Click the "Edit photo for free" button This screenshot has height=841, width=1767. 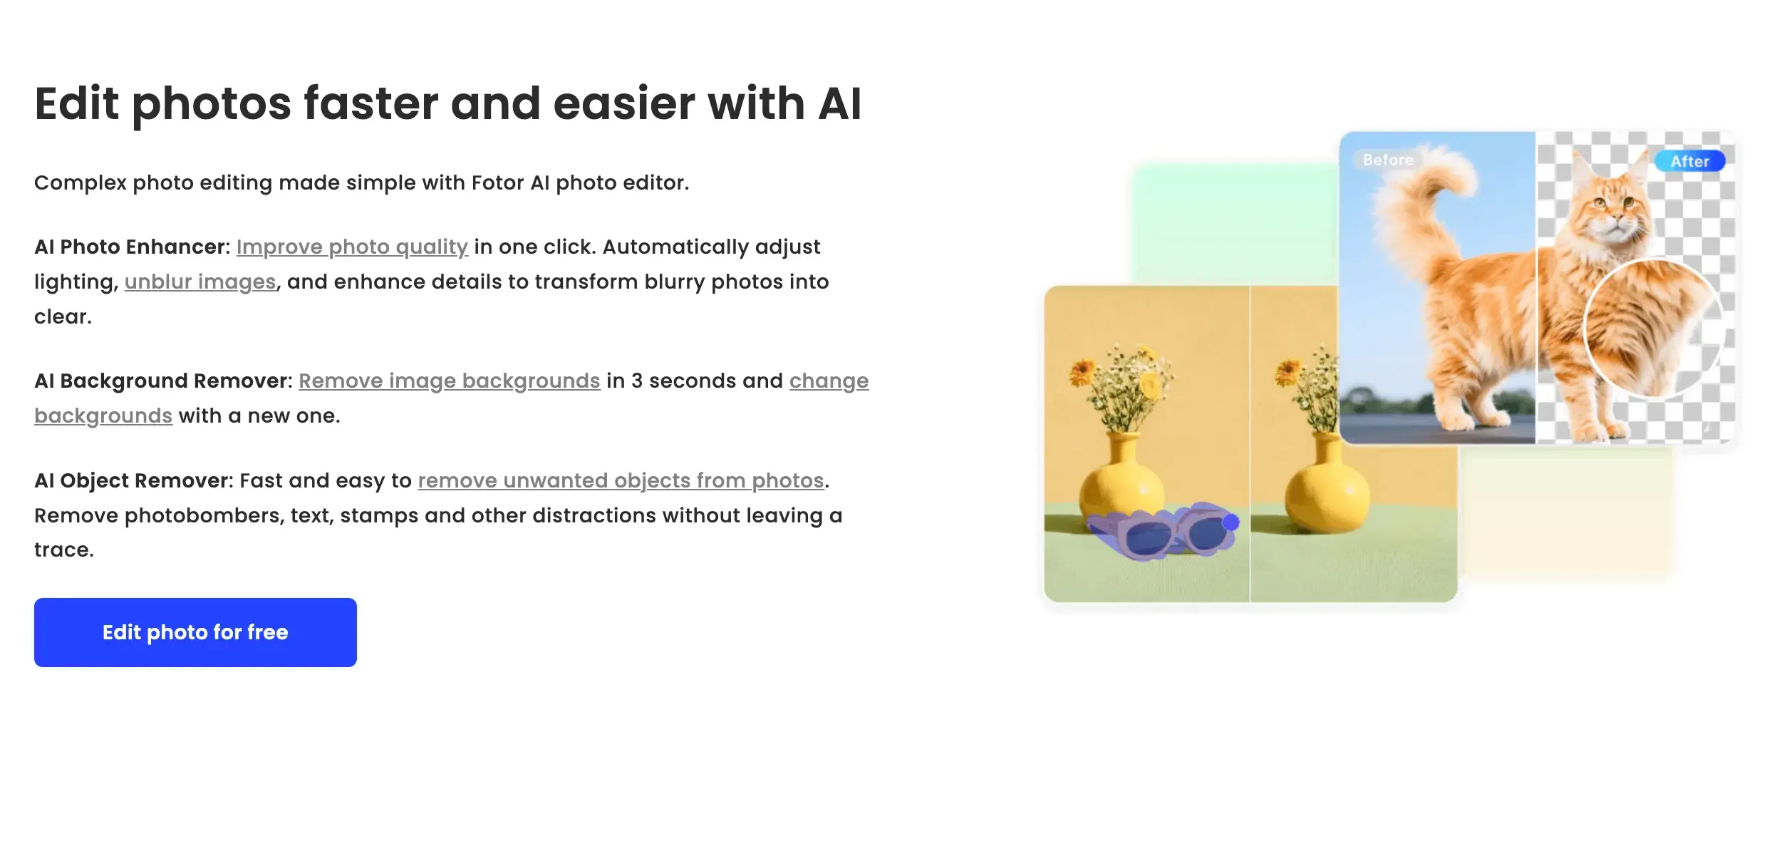tap(195, 632)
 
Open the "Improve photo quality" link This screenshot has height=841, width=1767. tap(352, 247)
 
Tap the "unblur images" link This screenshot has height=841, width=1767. tap(200, 282)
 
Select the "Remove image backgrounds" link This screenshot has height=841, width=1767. tap(450, 381)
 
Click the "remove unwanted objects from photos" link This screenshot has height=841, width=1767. tap(621, 480)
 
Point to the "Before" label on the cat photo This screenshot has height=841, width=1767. tap(1388, 160)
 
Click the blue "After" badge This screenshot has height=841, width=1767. tap(1689, 161)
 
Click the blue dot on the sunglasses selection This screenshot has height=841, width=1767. tap(1230, 522)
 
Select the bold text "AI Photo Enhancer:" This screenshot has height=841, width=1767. tap(133, 247)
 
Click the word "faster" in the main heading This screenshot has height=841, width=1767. tap(370, 103)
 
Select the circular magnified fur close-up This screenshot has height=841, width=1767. tap(1653, 327)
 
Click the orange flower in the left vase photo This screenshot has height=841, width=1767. tap(1082, 371)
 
